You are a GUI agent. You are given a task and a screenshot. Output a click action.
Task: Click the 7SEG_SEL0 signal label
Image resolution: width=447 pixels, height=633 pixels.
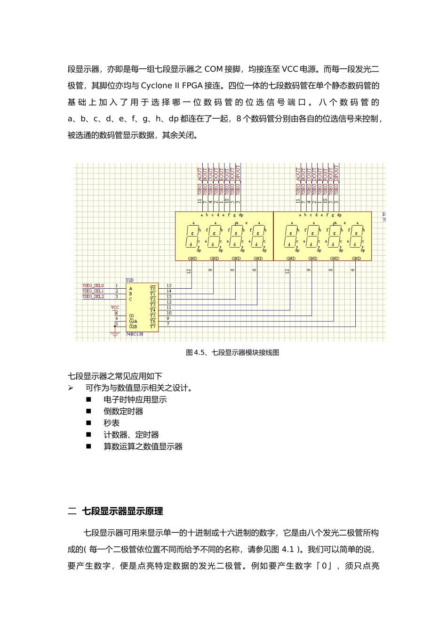(93, 286)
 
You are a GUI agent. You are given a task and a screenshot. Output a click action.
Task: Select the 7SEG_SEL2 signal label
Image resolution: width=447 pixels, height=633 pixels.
(93, 297)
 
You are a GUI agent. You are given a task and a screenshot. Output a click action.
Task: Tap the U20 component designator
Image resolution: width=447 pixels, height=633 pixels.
(129, 280)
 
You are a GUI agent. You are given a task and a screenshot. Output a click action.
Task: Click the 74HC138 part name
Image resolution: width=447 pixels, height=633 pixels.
(134, 334)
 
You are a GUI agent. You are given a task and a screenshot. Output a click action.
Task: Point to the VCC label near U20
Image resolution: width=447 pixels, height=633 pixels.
(115, 308)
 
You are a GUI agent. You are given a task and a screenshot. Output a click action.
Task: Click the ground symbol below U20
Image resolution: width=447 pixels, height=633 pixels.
(115, 335)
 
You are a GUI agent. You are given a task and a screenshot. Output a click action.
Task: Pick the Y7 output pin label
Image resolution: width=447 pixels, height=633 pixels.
(152, 326)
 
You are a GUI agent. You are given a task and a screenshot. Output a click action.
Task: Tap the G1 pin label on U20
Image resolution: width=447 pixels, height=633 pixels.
(131, 315)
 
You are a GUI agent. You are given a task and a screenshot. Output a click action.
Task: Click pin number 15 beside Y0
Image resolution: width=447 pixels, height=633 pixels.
(169, 286)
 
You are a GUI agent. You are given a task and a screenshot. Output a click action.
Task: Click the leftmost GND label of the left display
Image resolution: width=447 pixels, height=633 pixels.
(192, 259)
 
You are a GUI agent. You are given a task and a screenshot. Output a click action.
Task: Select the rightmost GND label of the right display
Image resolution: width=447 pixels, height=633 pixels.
(356, 259)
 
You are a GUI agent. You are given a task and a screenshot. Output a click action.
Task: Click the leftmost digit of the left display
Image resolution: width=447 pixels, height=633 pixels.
(192, 235)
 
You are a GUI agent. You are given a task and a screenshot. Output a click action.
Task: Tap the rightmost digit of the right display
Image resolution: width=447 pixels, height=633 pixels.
(356, 235)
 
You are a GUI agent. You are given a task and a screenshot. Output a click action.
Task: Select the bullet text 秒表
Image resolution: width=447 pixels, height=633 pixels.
(112, 423)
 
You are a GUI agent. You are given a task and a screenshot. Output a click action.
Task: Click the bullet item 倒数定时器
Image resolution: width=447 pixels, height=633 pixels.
(123, 411)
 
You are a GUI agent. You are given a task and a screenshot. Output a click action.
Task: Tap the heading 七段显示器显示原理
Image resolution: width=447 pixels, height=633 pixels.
(122, 511)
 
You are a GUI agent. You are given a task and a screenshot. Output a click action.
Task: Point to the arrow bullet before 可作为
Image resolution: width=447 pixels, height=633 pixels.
(71, 388)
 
